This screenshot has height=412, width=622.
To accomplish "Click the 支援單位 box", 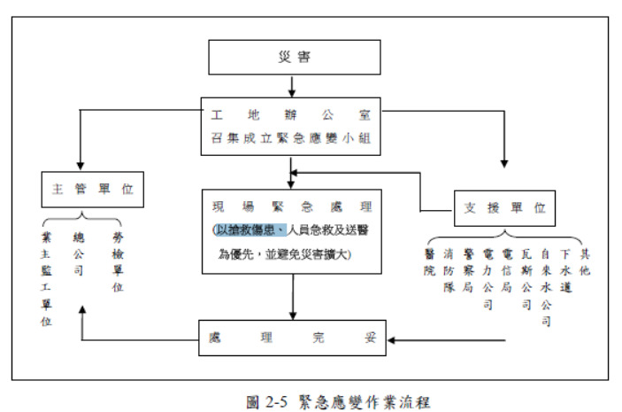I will [504, 210].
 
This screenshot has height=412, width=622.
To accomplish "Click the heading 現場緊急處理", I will [290, 206].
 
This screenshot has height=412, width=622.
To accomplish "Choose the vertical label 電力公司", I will [488, 277].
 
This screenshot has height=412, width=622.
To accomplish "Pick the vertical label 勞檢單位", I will [118, 263].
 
